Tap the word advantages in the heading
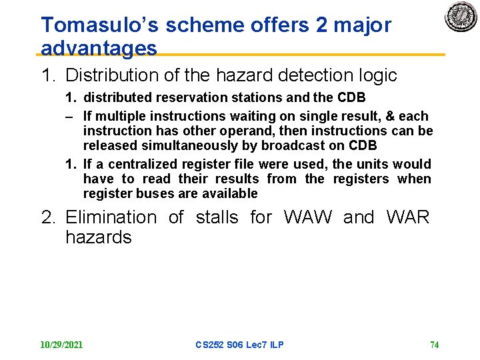click(x=99, y=48)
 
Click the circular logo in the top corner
click(x=461, y=17)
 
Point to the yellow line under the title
click(x=300, y=55)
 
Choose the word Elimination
click(x=111, y=217)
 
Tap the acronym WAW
click(x=308, y=217)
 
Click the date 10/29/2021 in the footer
click(x=61, y=345)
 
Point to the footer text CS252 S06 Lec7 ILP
click(x=239, y=345)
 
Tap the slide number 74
click(x=434, y=345)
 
